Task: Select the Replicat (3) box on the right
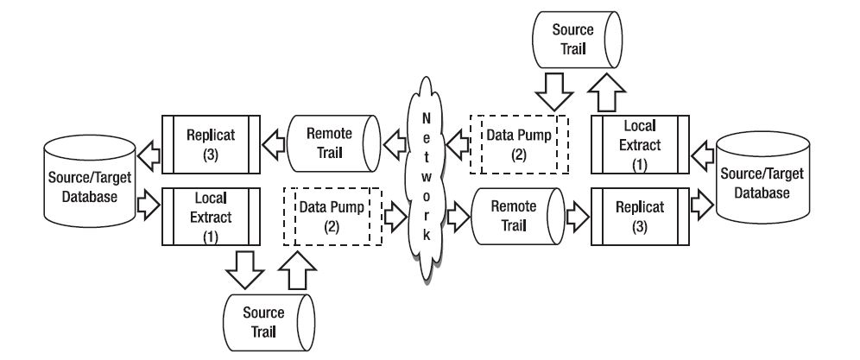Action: click(x=640, y=216)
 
